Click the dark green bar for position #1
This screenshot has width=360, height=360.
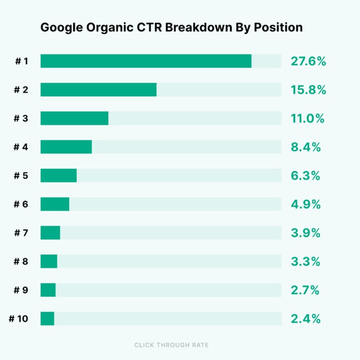tap(146, 61)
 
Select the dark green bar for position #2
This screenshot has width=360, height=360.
tap(98, 89)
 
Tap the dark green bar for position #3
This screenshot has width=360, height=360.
tap(74, 118)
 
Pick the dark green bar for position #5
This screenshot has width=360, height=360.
tap(58, 175)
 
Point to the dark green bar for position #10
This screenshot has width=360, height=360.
tap(47, 319)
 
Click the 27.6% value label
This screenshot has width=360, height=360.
tap(308, 61)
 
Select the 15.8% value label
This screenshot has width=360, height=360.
tap(308, 90)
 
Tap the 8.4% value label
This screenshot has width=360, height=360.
tap(305, 147)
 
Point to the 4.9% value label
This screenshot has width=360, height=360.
tap(305, 204)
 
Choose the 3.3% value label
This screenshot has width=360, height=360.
tap(305, 261)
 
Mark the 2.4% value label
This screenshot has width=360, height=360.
tap(305, 319)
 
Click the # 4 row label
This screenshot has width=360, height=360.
tap(21, 147)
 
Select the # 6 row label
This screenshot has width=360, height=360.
tap(21, 204)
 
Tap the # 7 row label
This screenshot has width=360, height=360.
tap(21, 233)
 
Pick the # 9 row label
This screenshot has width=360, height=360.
tap(21, 290)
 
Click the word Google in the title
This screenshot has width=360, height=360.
tap(61, 28)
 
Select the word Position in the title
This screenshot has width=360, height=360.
tap(278, 28)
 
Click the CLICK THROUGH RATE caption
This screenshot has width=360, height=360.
tap(171, 345)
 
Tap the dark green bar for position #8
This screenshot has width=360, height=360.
tap(49, 261)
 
